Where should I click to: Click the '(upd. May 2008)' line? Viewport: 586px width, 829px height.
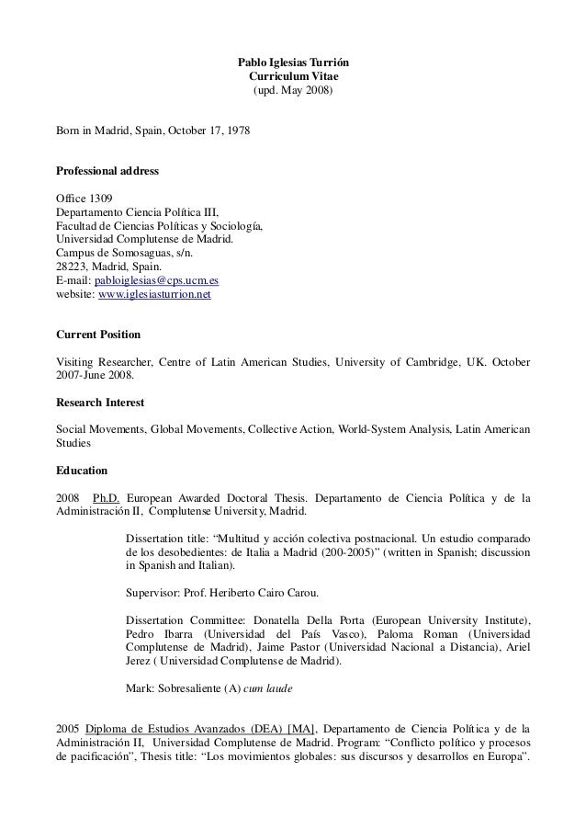point(293,92)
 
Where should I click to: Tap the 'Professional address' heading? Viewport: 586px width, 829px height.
point(107,172)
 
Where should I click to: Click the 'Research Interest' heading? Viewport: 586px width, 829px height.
point(100,403)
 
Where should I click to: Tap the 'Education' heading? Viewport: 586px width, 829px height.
point(82,471)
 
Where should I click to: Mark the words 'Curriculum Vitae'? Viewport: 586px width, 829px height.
point(293,77)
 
